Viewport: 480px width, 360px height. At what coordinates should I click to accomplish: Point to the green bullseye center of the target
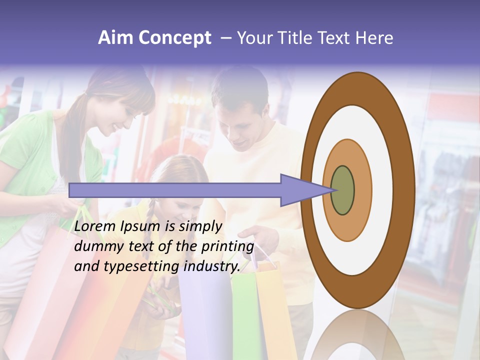(x=342, y=190)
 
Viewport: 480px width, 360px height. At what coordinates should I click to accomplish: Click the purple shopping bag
(x=205, y=310)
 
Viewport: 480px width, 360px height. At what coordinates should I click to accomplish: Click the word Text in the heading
(x=335, y=38)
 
